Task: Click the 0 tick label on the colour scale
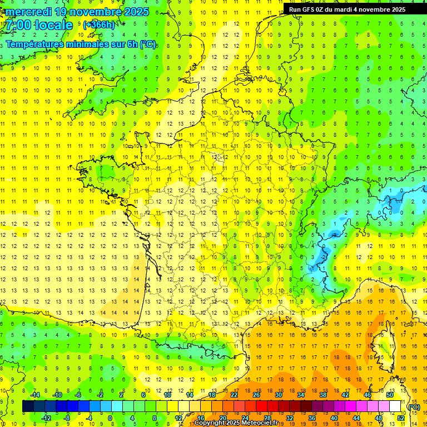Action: (110, 418)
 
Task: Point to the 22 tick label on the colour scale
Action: (234, 395)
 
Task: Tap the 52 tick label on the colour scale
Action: (401, 418)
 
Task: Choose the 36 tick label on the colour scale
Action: (311, 418)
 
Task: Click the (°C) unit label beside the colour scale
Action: (414, 407)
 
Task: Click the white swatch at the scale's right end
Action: (395, 406)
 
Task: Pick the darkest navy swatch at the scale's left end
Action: (28, 406)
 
